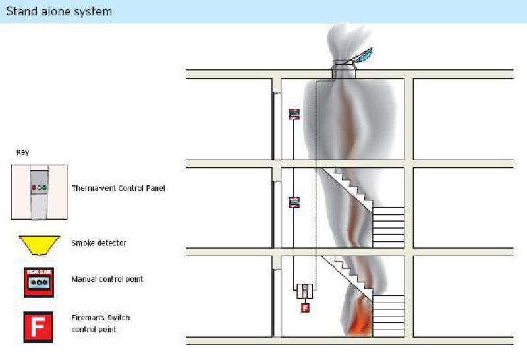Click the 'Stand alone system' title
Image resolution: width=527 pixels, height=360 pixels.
pos(59,11)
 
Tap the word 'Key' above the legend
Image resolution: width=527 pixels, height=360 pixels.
pos(23,152)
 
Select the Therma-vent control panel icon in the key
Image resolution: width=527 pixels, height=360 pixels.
pos(39,192)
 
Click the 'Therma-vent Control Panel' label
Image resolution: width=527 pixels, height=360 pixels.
pos(119,188)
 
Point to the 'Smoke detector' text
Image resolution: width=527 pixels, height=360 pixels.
pos(99,243)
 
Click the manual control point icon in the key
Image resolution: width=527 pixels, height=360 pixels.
pos(39,282)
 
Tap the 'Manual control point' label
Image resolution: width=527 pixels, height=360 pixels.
pos(107,279)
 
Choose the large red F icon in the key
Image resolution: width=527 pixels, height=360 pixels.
pos(38,327)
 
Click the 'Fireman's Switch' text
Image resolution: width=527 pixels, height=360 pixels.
pos(101,318)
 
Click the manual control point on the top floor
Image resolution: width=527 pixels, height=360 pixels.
pos(294,114)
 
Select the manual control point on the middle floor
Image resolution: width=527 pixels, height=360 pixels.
pos(294,202)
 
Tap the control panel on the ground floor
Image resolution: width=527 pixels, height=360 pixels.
pos(305,291)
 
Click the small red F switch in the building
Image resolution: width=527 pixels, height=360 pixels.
pos(305,307)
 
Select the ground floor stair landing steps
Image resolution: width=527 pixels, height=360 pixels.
pos(388,316)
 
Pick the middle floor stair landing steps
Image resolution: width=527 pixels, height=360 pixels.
pos(388,227)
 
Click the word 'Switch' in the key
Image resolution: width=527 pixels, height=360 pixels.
pos(119,318)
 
